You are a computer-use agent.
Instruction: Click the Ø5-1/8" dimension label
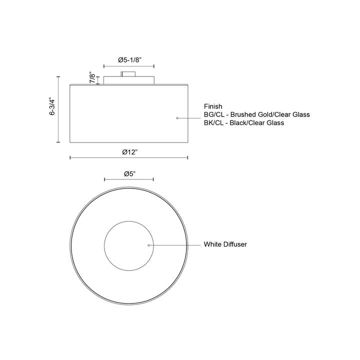[129, 59]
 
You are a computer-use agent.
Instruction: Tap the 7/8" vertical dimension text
[92, 77]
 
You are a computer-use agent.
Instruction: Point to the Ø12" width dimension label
[129, 151]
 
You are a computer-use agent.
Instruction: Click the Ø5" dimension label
[129, 173]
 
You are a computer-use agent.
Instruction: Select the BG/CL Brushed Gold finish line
[256, 114]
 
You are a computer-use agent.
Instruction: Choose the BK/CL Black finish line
[243, 122]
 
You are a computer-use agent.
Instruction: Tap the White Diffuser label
[225, 245]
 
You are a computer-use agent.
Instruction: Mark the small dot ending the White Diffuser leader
[149, 245]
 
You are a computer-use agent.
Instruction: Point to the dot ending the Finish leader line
[177, 118]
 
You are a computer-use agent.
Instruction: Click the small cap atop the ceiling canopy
[128, 74]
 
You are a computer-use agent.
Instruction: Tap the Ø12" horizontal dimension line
[100, 158]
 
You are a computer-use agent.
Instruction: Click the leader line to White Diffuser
[175, 245]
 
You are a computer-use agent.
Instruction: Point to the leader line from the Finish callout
[190, 118]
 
